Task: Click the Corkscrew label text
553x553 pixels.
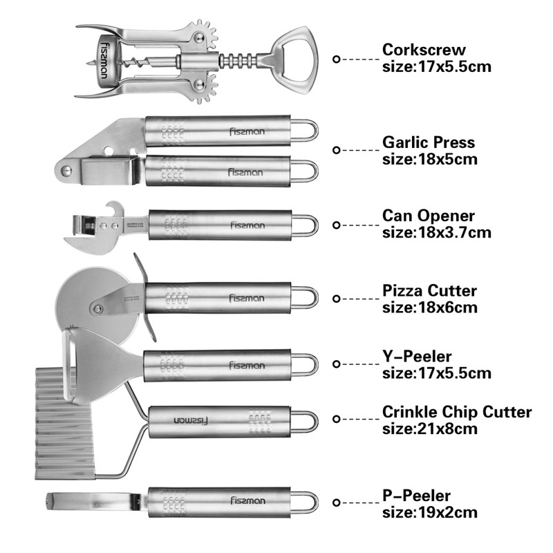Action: (x=424, y=50)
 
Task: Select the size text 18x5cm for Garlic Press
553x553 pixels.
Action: (x=429, y=159)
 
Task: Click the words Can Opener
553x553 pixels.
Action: (x=429, y=216)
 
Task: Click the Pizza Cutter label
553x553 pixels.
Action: (x=429, y=290)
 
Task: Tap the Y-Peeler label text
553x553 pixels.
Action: (x=417, y=357)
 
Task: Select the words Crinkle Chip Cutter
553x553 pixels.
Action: (x=457, y=412)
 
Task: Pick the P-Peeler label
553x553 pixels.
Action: (x=417, y=495)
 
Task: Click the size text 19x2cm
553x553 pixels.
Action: (x=429, y=512)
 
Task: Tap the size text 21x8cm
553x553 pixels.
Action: (x=429, y=429)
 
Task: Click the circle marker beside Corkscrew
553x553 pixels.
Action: (x=337, y=59)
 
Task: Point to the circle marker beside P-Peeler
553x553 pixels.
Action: (x=337, y=504)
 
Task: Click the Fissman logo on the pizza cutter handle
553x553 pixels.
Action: (x=247, y=298)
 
